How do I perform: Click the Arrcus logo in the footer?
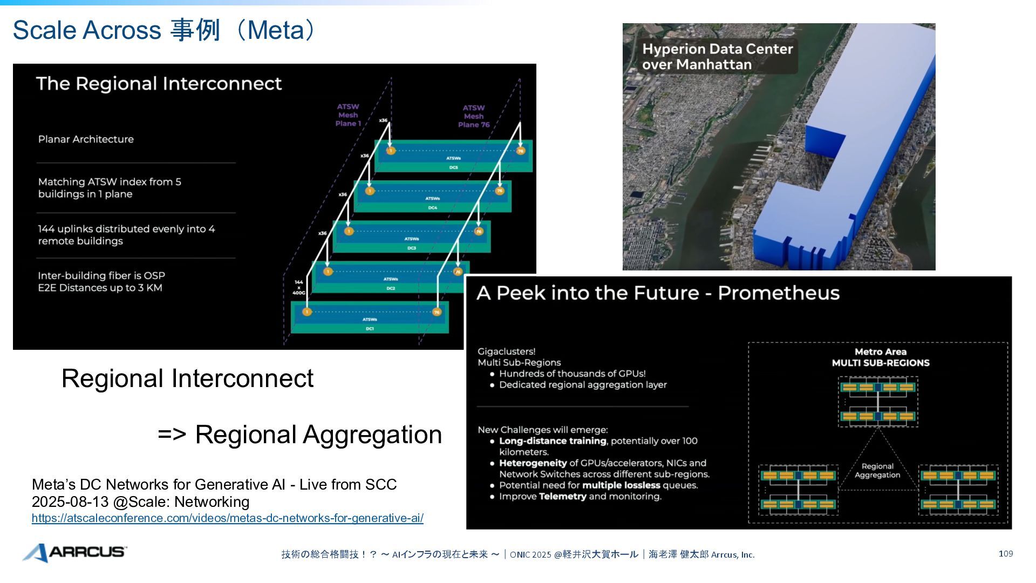coord(74,552)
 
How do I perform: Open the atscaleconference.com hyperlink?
coord(227,518)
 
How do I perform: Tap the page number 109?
coord(1005,554)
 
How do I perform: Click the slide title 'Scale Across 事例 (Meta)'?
coord(165,30)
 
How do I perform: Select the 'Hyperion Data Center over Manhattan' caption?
coord(717,57)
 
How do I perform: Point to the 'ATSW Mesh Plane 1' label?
coord(348,115)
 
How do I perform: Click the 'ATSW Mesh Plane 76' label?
coord(473,116)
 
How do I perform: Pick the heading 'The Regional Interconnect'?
coord(159,84)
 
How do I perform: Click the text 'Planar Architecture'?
coord(86,139)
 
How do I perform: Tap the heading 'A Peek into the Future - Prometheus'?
coord(658,293)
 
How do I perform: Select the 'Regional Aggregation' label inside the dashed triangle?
coord(877,471)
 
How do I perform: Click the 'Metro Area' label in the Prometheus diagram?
coord(880,352)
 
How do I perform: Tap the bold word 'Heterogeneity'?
coord(533,463)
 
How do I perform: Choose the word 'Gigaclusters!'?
coord(506,351)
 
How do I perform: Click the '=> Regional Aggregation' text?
coord(299,435)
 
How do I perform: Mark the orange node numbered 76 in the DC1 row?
coord(437,312)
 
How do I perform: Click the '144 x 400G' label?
coord(298,287)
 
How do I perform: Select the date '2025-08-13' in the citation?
coord(70,502)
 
